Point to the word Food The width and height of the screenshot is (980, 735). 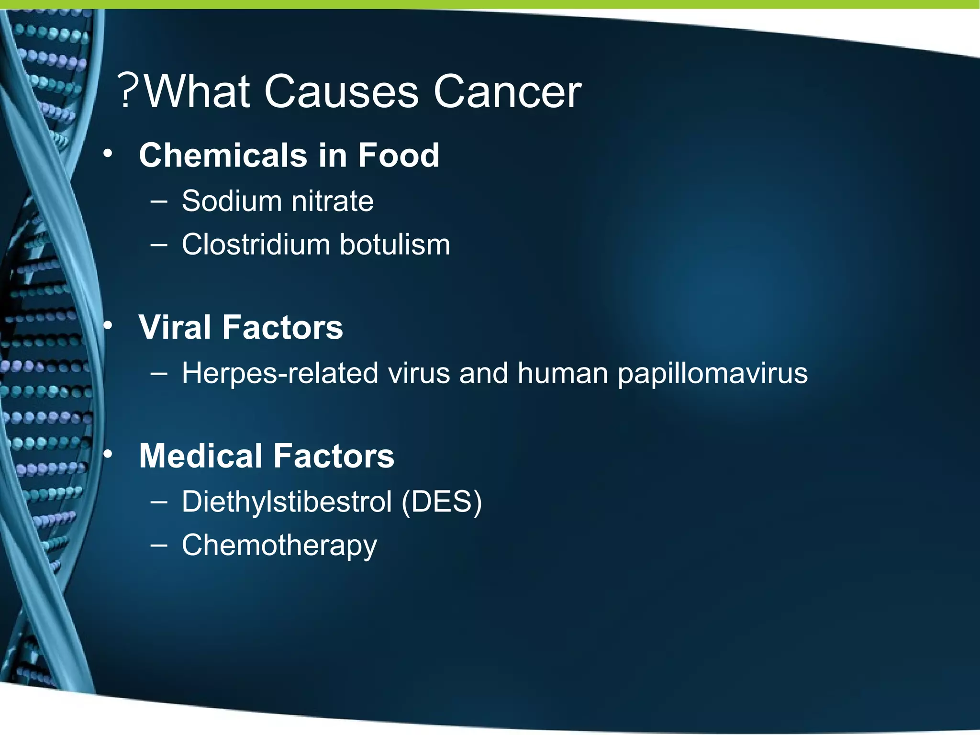398,155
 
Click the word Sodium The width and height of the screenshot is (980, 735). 232,200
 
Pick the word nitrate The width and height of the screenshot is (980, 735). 333,200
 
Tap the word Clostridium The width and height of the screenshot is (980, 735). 256,245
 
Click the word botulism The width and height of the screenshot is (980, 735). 395,245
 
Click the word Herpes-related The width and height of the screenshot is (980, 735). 280,373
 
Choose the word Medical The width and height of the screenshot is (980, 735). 201,456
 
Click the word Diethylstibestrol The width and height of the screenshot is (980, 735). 287,501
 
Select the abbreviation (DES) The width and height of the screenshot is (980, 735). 441,501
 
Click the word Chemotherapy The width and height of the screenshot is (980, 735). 279,546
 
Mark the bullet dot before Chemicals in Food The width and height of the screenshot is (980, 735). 108,154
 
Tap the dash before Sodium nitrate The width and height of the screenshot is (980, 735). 158,201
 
